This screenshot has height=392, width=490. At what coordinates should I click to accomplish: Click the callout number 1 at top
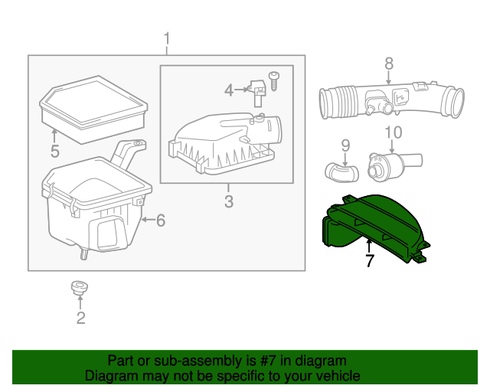tap(168, 38)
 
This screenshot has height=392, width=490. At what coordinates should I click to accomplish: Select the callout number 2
tap(80, 318)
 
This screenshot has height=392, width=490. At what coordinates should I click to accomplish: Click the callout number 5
tap(54, 152)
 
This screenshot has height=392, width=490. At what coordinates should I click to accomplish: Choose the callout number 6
tap(160, 220)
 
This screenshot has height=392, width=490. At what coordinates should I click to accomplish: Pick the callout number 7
tap(370, 261)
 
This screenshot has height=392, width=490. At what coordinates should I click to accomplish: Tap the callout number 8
tap(388, 64)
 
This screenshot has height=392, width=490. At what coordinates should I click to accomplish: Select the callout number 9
tap(345, 144)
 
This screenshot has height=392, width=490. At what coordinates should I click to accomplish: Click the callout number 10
tap(392, 132)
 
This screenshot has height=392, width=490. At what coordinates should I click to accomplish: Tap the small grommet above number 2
tap(77, 288)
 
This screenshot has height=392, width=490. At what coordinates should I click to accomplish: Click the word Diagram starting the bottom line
tap(111, 376)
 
